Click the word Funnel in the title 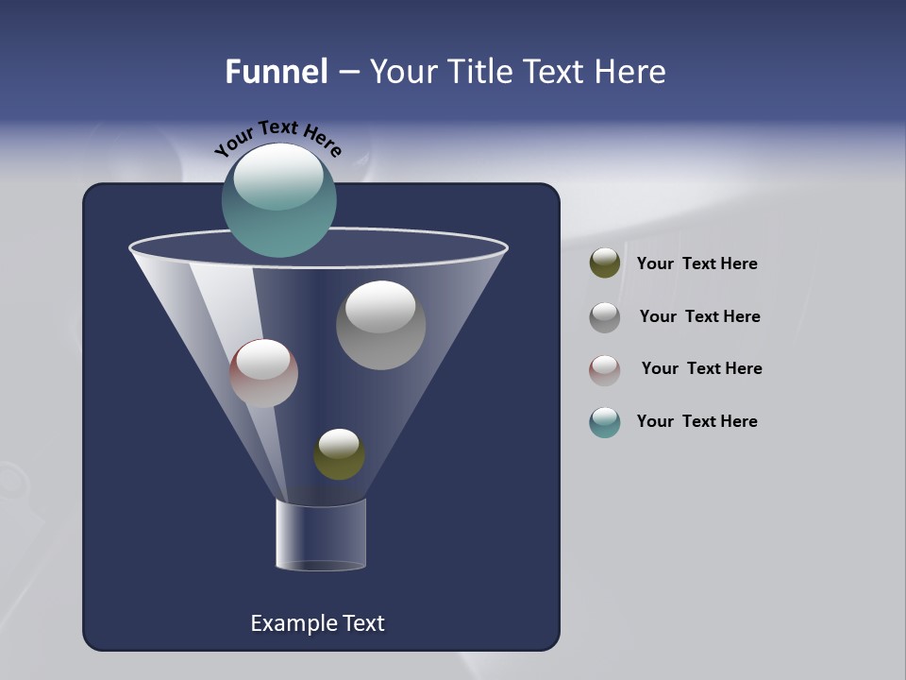coord(277,72)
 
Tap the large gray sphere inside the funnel coord(381,326)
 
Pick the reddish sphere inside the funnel coord(263,374)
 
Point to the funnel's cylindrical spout coord(321,535)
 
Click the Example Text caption coord(317,623)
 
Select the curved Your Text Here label coord(278,137)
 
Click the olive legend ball coord(605,263)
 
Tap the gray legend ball coord(605,317)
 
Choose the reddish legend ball coord(605,370)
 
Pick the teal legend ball coord(605,422)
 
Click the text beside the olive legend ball coord(696,264)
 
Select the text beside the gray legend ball coord(699,317)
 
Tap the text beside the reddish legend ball coord(701,369)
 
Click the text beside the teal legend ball coord(696,422)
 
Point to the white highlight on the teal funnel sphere coord(279,176)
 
